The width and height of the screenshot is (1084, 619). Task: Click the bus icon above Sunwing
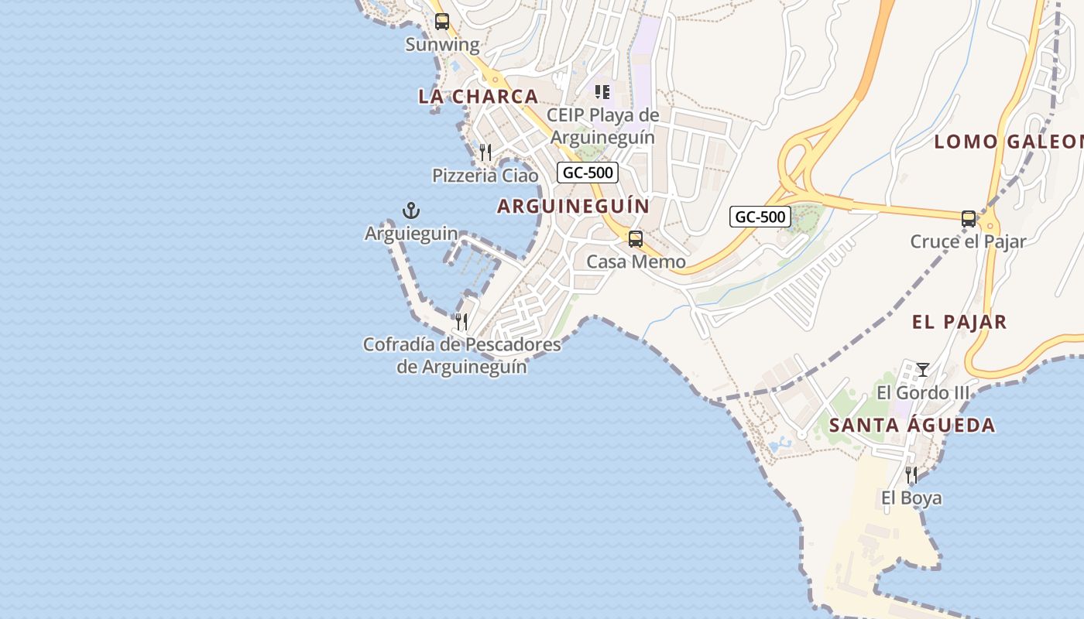[x=441, y=22]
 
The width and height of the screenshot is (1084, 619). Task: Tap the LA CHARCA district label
[x=478, y=97]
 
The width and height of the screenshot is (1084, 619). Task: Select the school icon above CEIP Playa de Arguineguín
[x=602, y=92]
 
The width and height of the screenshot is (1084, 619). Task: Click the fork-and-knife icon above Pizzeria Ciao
[x=485, y=152]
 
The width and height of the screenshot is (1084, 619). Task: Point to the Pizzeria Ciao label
[x=485, y=176]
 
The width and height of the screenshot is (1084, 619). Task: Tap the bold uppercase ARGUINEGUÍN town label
[x=573, y=207]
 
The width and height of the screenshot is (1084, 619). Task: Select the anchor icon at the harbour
[x=411, y=210]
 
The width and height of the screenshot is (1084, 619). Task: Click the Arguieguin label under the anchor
[x=411, y=233]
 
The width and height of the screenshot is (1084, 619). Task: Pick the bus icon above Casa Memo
[x=636, y=239]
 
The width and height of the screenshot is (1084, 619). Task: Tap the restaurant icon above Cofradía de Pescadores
[x=461, y=321]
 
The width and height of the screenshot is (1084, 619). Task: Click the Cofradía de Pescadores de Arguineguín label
[x=461, y=355]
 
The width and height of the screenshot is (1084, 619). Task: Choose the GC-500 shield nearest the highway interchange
[x=760, y=217]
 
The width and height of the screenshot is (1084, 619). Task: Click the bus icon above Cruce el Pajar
[x=969, y=219]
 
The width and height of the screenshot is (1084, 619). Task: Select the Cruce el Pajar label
[x=968, y=241]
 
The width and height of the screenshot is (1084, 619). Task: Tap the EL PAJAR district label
[x=959, y=323]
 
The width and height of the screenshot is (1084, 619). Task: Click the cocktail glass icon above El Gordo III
[x=922, y=370]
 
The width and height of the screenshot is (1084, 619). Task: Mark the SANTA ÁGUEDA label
[x=912, y=426]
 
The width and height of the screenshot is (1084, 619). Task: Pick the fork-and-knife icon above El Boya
[x=911, y=474]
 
